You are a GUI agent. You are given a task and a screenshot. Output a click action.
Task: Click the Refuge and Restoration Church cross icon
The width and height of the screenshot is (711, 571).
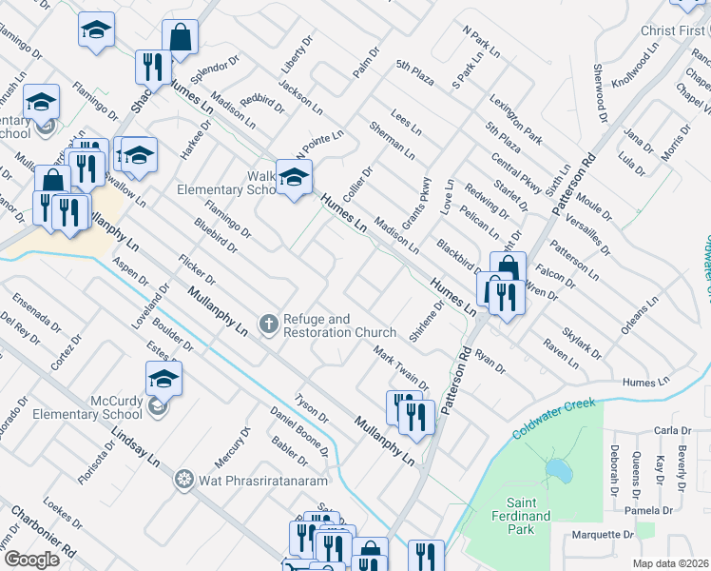click(269, 325)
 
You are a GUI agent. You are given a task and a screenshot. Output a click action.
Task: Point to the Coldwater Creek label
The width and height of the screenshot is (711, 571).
click(555, 419)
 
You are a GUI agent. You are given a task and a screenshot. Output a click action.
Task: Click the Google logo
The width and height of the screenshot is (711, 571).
click(32, 559)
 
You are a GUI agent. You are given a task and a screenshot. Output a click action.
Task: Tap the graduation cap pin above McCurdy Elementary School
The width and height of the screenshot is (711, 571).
click(164, 380)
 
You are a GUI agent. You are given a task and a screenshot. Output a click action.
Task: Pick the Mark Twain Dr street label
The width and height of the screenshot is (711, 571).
click(400, 368)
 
